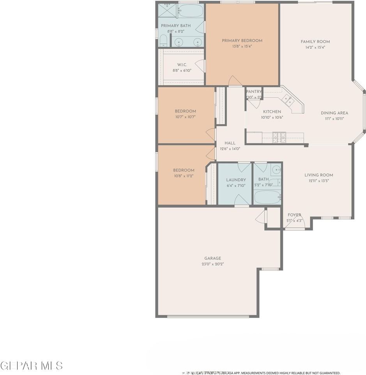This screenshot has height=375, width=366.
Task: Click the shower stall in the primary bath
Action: [168, 11]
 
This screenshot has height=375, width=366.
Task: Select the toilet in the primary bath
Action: [164, 41]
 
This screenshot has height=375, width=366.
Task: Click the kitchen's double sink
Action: [289, 100]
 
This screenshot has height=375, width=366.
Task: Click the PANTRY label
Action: [254, 92]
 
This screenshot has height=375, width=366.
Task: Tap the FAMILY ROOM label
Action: [315, 42]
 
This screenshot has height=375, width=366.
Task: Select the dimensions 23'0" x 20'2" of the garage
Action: [213, 264]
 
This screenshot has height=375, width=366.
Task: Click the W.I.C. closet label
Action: [182, 65]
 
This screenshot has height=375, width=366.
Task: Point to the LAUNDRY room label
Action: [236, 180]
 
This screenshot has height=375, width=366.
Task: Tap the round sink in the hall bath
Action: [276, 170]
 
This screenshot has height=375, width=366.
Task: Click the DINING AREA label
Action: [334, 113]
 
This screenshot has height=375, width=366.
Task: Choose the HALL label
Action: [230, 143]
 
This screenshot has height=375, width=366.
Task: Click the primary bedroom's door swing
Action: [235, 81]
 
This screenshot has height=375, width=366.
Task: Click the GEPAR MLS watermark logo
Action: [31, 366]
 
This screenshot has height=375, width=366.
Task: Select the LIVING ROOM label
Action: [319, 175]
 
